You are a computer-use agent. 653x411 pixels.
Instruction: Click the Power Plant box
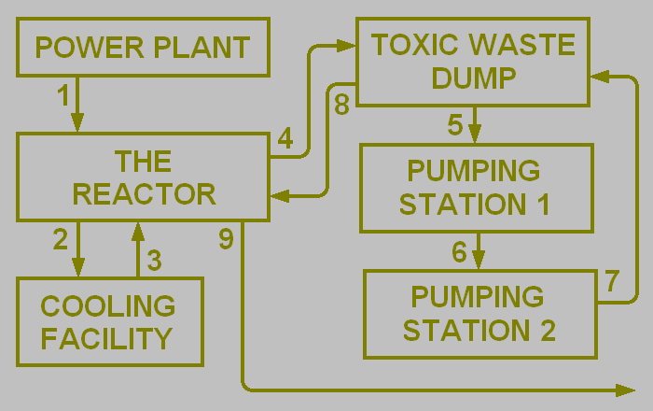(x=143, y=47)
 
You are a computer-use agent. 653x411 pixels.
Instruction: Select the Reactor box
(x=143, y=177)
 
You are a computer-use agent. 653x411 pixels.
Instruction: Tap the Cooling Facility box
(x=110, y=320)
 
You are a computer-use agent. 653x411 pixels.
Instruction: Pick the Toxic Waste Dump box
(x=472, y=62)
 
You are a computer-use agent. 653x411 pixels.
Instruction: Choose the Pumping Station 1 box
(x=476, y=187)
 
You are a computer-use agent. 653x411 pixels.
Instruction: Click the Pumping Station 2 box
(x=479, y=314)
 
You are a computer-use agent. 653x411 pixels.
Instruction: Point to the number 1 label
(x=63, y=94)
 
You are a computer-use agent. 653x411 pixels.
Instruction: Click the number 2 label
(x=61, y=240)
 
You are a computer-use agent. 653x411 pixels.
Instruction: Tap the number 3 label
(x=155, y=261)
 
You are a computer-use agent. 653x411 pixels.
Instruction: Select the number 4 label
(x=285, y=140)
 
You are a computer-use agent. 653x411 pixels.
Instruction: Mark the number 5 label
(x=455, y=124)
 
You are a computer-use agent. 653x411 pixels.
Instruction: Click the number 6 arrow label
(x=459, y=252)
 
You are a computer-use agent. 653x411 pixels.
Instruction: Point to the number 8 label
(x=341, y=106)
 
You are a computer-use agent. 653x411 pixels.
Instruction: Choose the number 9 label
(x=226, y=240)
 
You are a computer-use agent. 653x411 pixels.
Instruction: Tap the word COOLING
(x=108, y=305)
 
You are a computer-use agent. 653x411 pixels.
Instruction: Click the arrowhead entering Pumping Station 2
(x=479, y=262)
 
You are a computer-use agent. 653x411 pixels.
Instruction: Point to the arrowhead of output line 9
(x=626, y=388)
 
